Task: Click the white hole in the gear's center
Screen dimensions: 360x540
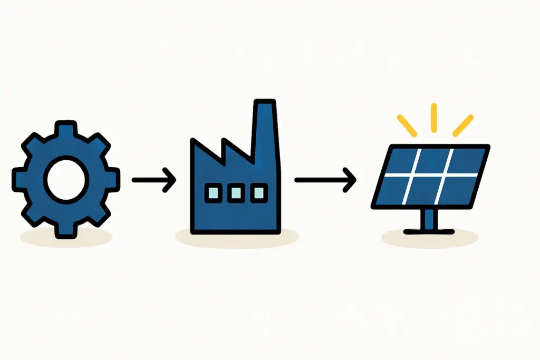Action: pyautogui.click(x=66, y=180)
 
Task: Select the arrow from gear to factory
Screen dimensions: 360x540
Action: pyautogui.click(x=153, y=180)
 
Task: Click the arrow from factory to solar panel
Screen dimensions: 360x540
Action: pyautogui.click(x=325, y=180)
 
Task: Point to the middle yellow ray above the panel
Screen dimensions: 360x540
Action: pyautogui.click(x=434, y=116)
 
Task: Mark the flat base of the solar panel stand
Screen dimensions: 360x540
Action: pyautogui.click(x=429, y=230)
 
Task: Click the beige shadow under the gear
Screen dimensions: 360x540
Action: pyautogui.click(x=66, y=238)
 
